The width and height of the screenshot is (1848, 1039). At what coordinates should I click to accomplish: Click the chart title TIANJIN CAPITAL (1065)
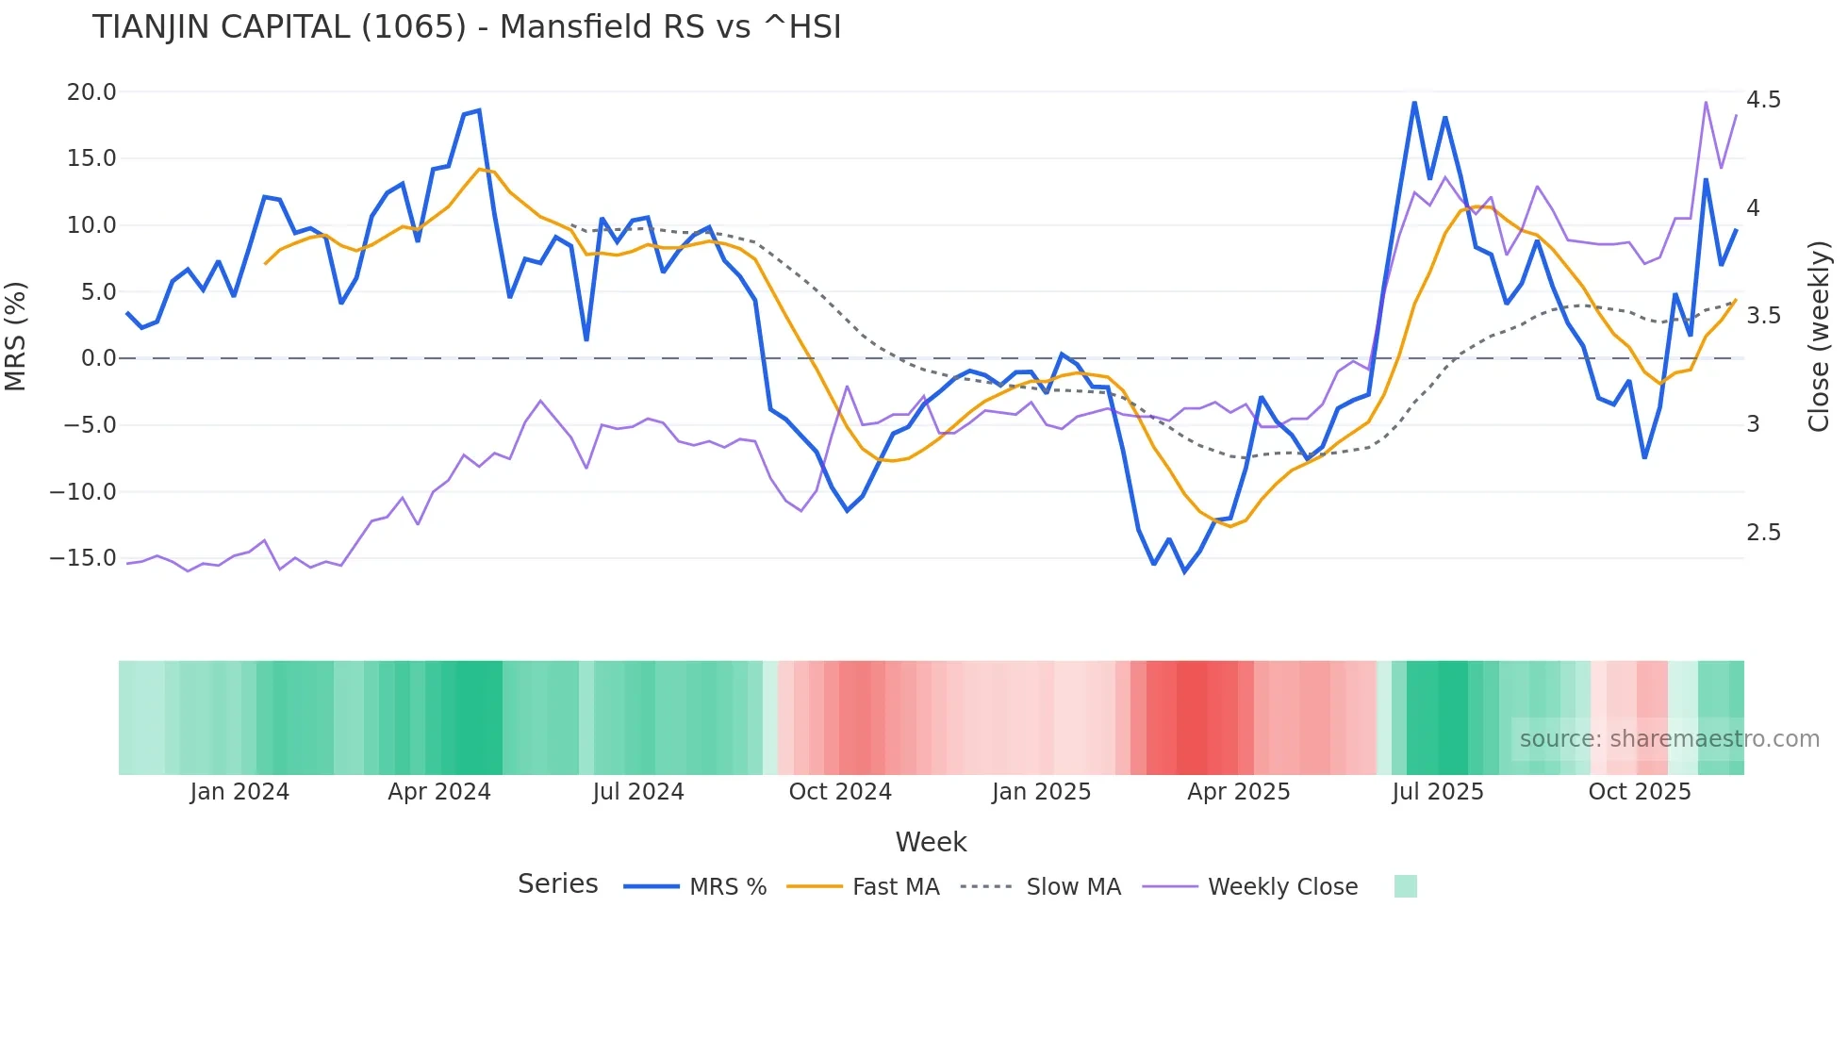tap(467, 27)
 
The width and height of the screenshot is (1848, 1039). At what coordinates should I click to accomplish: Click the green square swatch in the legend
tap(1405, 886)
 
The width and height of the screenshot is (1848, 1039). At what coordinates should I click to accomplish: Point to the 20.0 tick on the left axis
tap(91, 92)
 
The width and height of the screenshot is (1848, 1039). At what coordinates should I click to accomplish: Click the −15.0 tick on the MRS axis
tap(83, 558)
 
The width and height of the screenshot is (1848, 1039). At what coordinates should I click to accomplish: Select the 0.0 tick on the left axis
tap(98, 358)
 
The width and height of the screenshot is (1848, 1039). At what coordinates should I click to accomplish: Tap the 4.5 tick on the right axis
tap(1763, 100)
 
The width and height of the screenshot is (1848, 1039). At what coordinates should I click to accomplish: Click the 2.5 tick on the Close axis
tap(1763, 533)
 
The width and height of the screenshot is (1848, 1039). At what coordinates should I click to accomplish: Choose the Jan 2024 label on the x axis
tap(239, 792)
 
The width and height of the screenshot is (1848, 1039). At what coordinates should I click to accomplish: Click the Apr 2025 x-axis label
tap(1238, 792)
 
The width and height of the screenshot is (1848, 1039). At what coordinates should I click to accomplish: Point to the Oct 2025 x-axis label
tap(1639, 792)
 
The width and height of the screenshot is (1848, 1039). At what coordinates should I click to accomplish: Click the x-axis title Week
tap(931, 842)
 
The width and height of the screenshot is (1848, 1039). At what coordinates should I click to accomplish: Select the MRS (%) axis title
tap(16, 337)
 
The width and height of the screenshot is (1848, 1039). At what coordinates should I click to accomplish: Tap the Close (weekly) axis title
tap(1818, 337)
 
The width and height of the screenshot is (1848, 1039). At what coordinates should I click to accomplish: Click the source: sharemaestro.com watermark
tap(1669, 739)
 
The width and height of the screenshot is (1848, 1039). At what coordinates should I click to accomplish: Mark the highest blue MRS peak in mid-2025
tap(1414, 103)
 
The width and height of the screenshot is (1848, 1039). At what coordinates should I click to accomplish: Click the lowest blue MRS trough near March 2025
tap(1184, 571)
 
